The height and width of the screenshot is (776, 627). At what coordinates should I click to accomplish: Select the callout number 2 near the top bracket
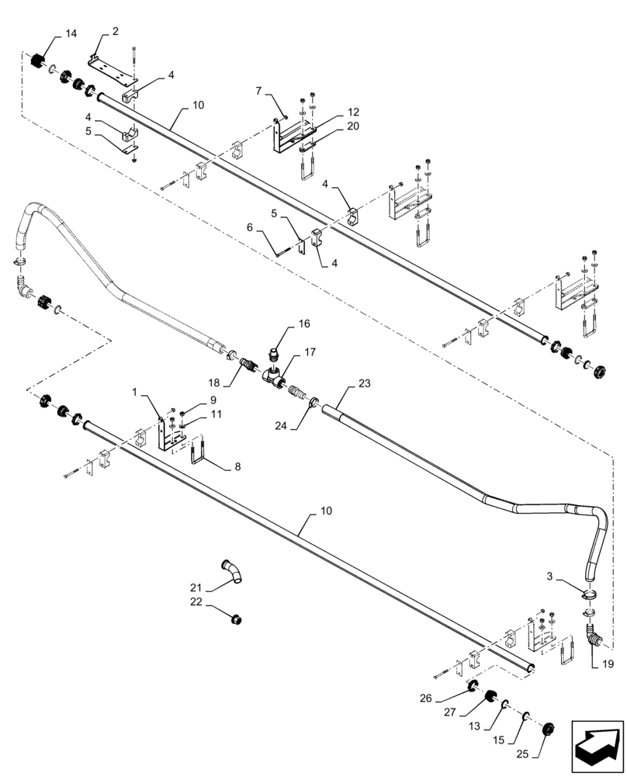[x=115, y=31]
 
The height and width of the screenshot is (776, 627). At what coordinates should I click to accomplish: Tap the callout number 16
[x=303, y=323]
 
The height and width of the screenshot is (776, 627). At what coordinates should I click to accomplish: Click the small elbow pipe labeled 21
[x=231, y=572]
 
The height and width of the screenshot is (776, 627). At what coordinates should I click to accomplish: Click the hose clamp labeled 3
[x=590, y=594]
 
